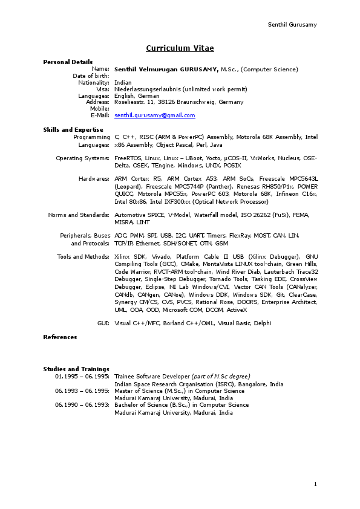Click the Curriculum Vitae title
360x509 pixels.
pyautogui.click(x=180, y=48)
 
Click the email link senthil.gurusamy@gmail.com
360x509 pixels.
pyautogui.click(x=155, y=115)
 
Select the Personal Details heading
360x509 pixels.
pyautogui.click(x=68, y=62)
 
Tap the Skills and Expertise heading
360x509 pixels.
pyautogui.click(x=73, y=129)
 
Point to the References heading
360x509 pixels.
pyautogui.click(x=60, y=337)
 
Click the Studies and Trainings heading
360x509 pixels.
pyautogui.click(x=76, y=369)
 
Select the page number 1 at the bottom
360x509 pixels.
pyautogui.click(x=315, y=484)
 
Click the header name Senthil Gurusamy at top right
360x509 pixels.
pyautogui.click(x=292, y=25)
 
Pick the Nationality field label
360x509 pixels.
pyautogui.click(x=94, y=82)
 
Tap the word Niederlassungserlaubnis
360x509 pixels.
pyautogui.click(x=147, y=89)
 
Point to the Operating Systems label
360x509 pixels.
pyautogui.click(x=82, y=158)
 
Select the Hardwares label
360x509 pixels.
pyautogui.click(x=94, y=179)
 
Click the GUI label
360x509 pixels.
pyautogui.click(x=103, y=323)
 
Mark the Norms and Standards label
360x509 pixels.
pyautogui.click(x=79, y=215)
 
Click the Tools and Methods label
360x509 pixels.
pyautogui.click(x=83, y=257)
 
